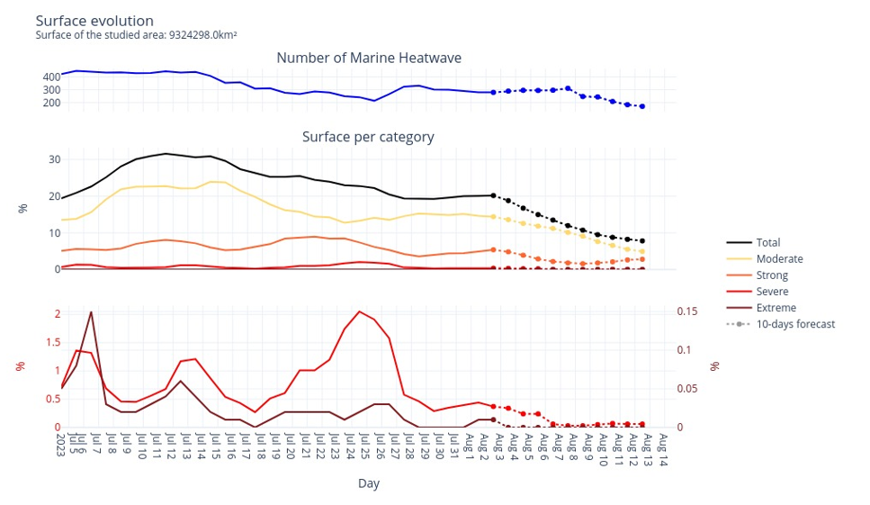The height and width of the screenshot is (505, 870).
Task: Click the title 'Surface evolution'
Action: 94,21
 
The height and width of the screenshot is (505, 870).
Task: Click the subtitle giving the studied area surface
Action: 136,35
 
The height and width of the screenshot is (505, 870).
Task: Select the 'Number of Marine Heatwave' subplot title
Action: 369,58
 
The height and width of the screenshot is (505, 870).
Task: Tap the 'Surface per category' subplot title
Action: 368,137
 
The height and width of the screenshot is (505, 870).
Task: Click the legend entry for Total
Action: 767,242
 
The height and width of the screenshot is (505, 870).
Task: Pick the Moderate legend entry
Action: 779,259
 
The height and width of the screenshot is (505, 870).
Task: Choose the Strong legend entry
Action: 772,275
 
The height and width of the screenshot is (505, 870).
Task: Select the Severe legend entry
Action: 772,292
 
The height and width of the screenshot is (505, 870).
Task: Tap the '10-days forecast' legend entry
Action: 795,324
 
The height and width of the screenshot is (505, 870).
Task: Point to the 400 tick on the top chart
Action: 51,77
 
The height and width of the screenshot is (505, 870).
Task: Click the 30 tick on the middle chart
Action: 55,159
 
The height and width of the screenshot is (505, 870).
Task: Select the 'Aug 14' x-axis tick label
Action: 663,447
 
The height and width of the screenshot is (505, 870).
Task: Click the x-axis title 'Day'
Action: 369,483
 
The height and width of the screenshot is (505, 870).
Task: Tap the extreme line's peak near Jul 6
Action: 91,312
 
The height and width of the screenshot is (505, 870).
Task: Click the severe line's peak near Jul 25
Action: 360,311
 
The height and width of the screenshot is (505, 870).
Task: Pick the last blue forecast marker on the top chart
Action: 641,106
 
